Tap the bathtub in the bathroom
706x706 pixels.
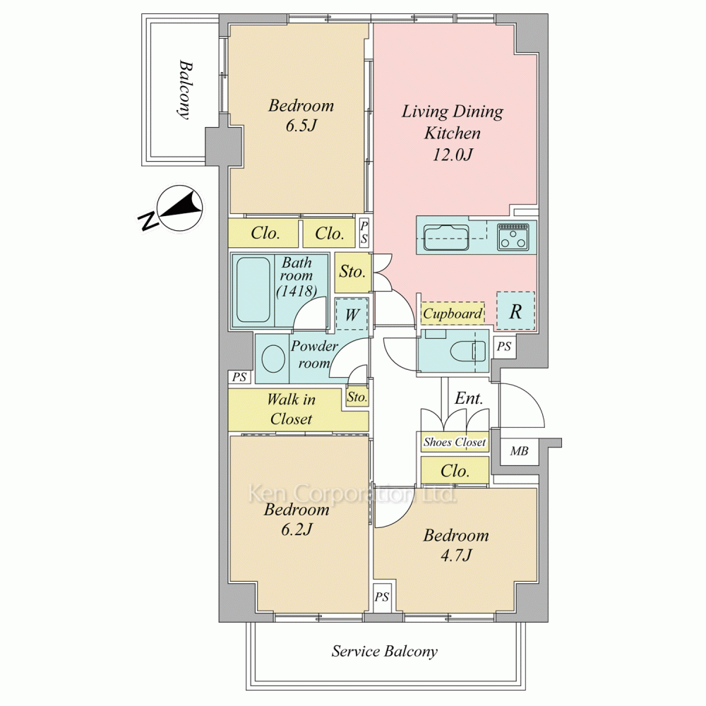click(253, 289)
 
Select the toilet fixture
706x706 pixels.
click(468, 351)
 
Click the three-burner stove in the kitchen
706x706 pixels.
click(513, 237)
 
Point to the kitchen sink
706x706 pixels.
click(447, 237)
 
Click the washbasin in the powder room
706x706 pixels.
click(273, 359)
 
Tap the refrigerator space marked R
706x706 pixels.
click(516, 311)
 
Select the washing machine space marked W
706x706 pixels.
click(352, 314)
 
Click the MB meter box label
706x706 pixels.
click(519, 450)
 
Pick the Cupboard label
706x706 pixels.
click(453, 313)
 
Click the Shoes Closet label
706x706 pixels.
click(454, 442)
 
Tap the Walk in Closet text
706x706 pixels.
click(292, 409)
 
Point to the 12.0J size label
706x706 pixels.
click(453, 155)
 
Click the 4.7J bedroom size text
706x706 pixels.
click(456, 556)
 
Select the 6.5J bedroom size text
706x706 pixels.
click(301, 126)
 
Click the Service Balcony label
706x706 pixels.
click(385, 652)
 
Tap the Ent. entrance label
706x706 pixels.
click(469, 398)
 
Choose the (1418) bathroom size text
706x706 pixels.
click(297, 292)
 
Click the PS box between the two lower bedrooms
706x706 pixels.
click(381, 597)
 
